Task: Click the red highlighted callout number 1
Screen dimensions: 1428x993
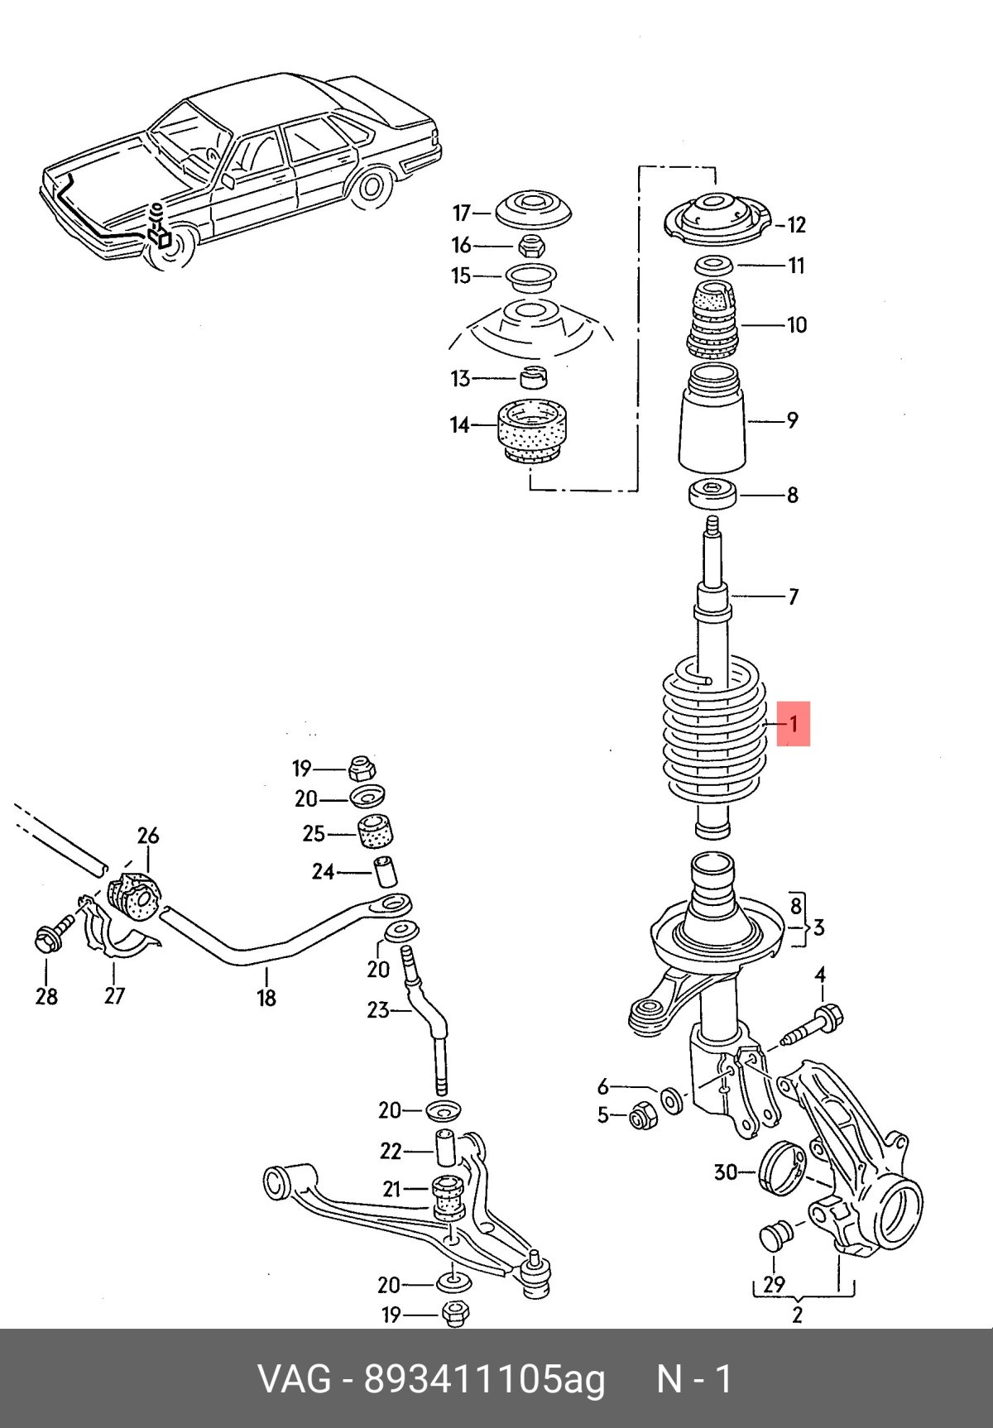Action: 793,724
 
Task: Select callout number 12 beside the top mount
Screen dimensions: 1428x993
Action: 796,224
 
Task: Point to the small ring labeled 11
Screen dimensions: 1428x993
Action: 713,266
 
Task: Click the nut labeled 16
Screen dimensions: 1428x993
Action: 530,245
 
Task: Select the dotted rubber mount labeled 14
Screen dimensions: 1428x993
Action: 533,430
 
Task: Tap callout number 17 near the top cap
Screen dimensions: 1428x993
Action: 461,213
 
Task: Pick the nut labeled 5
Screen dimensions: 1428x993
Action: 641,1117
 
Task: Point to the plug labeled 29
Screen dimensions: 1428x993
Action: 775,1237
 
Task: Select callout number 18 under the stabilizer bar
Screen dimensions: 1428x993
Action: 266,998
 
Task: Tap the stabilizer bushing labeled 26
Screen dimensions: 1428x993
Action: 134,896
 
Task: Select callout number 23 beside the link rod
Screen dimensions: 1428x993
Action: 378,1009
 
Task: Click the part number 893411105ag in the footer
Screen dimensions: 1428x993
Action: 485,1379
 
